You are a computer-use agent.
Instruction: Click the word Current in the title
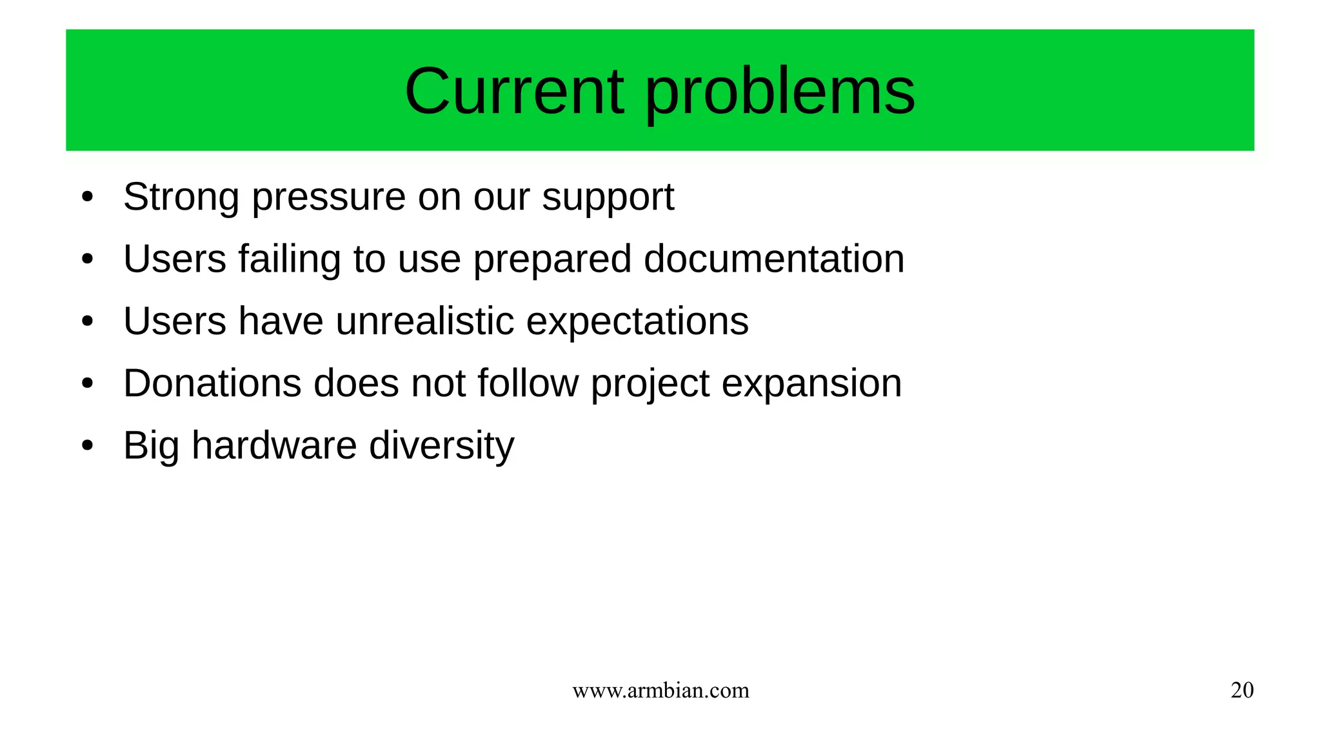point(514,91)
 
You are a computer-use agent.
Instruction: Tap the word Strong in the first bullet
point(181,197)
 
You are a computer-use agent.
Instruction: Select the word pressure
point(328,198)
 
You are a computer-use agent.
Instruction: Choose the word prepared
point(552,260)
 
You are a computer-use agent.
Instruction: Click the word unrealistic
point(425,321)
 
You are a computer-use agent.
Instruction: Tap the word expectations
point(637,322)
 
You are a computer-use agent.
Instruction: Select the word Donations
point(212,383)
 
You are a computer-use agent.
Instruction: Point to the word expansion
point(811,385)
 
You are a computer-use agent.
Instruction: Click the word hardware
point(274,445)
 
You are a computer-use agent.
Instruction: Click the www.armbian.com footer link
point(660,690)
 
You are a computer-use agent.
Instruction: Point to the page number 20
point(1242,690)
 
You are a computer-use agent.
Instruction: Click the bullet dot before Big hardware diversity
point(88,445)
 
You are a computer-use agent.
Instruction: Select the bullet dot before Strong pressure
point(88,197)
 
